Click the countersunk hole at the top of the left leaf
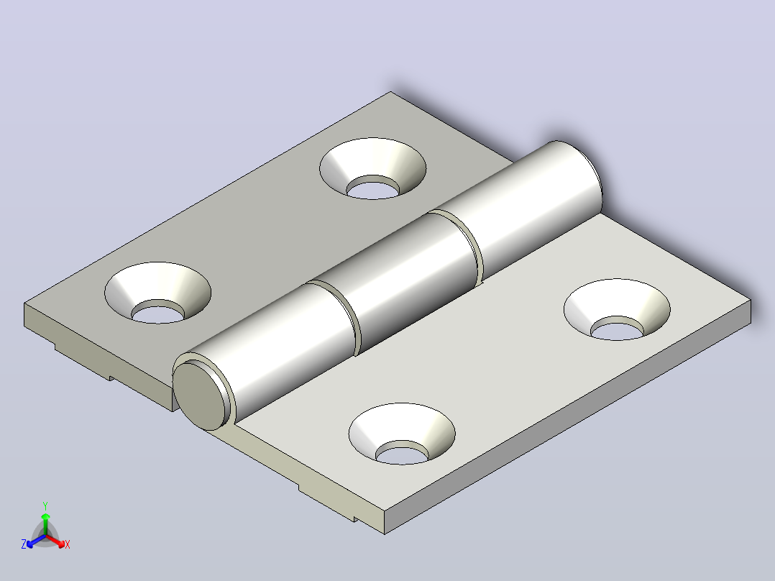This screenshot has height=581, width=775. [x=372, y=169]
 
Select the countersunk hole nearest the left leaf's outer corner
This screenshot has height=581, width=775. [x=157, y=293]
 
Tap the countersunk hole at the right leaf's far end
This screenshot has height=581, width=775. [x=617, y=309]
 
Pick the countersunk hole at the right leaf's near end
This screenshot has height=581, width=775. [x=402, y=434]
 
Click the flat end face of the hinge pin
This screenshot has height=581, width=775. [x=198, y=395]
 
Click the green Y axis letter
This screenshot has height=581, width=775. [x=45, y=505]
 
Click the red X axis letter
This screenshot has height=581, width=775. [x=68, y=544]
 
